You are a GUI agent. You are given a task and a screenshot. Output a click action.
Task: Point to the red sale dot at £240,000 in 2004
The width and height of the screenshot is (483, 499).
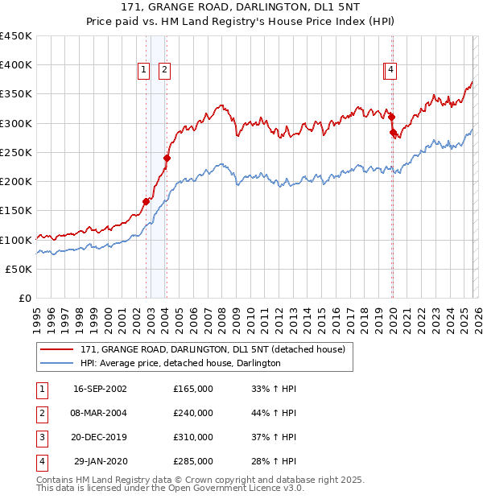point(167,158)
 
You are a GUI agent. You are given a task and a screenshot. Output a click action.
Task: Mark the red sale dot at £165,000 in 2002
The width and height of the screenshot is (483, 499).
point(147,201)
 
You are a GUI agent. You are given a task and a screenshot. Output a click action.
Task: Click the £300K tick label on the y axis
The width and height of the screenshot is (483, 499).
point(16,123)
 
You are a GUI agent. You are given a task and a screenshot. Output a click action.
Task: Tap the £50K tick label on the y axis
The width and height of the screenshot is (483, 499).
point(19,269)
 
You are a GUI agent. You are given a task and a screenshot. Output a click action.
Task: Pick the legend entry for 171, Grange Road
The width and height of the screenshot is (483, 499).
point(213,349)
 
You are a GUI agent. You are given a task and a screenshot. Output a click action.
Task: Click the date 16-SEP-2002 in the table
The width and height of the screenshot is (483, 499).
point(100,389)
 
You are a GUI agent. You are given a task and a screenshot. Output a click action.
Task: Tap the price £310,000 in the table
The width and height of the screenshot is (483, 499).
point(193,437)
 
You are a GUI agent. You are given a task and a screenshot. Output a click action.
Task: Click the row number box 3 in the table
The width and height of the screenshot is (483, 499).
point(39,437)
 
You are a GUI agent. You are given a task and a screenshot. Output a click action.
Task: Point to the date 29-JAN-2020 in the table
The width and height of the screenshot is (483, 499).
point(100,461)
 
